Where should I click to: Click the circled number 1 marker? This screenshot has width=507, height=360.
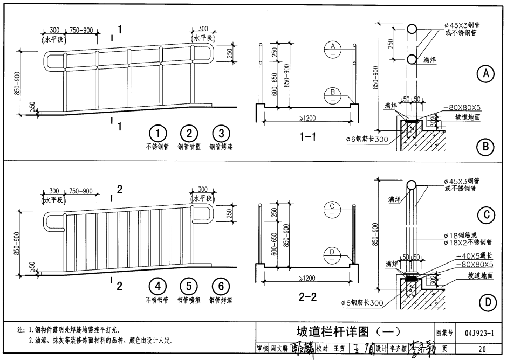coord(157,134)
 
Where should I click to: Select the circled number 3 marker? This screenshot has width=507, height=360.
coord(220,134)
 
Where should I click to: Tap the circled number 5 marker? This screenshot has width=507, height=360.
coord(189,287)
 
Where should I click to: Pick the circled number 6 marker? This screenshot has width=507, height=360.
coord(220,287)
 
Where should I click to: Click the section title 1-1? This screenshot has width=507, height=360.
coord(308,137)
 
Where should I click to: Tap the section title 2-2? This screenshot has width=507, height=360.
coord(308,296)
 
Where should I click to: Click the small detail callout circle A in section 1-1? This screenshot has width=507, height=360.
coord(333,48)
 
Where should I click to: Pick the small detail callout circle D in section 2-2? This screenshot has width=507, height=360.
coord(333,254)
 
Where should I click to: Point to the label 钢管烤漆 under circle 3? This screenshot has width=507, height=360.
coord(220,147)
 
